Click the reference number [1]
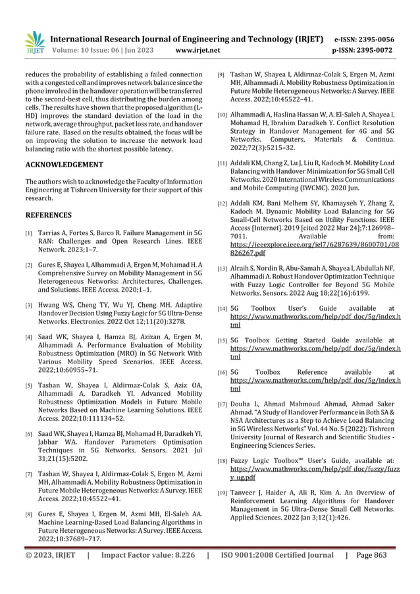[28, 234]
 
